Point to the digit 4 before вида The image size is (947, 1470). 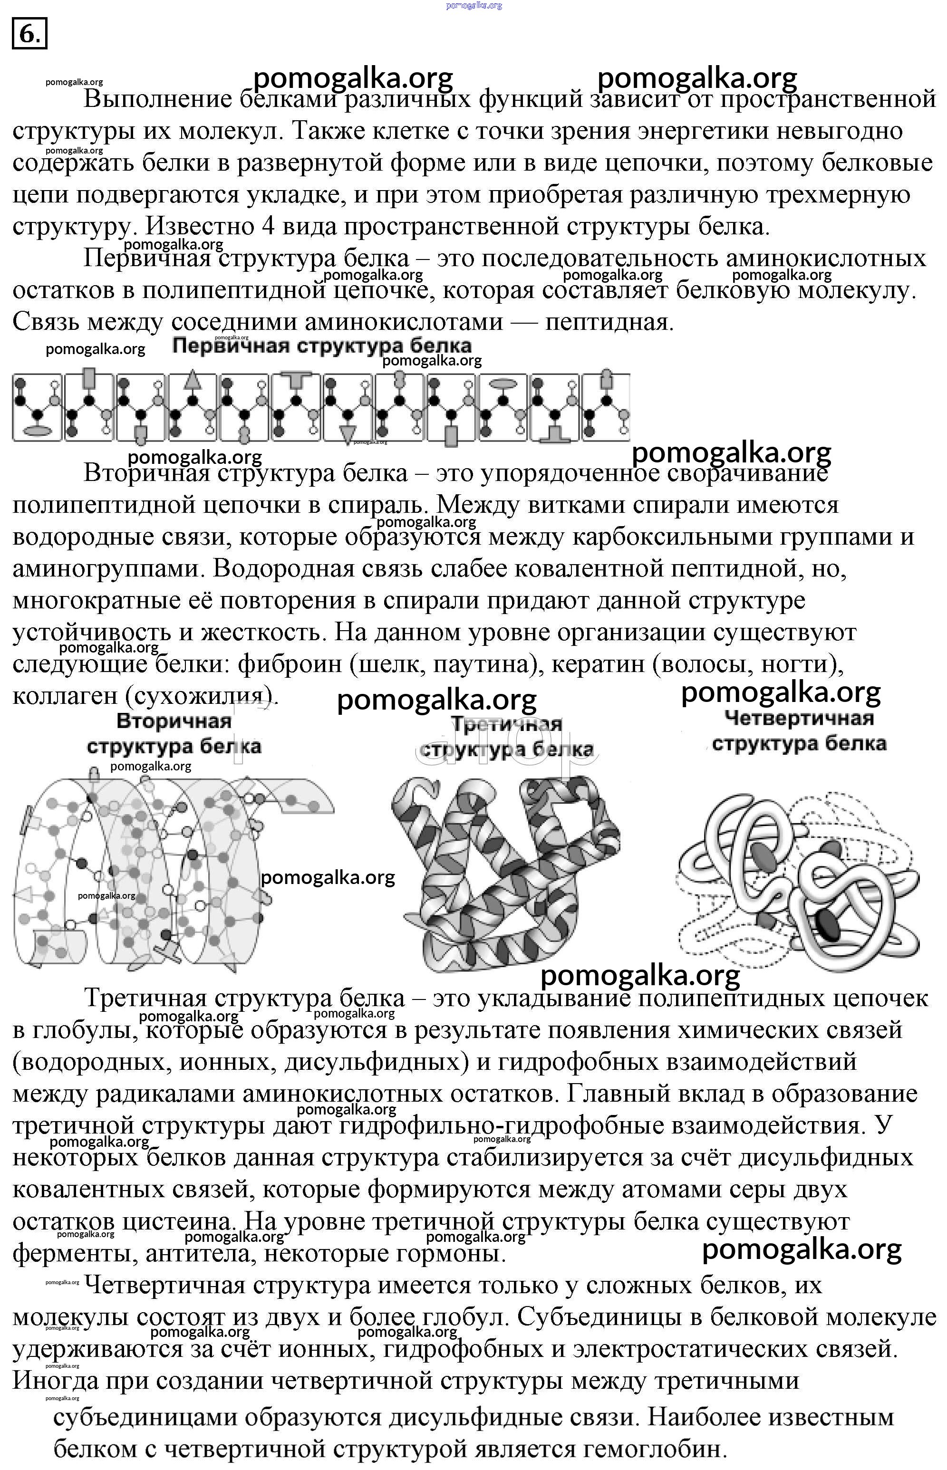click(x=268, y=226)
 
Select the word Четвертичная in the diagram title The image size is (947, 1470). click(x=798, y=718)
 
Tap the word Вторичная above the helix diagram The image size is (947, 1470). click(x=174, y=721)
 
